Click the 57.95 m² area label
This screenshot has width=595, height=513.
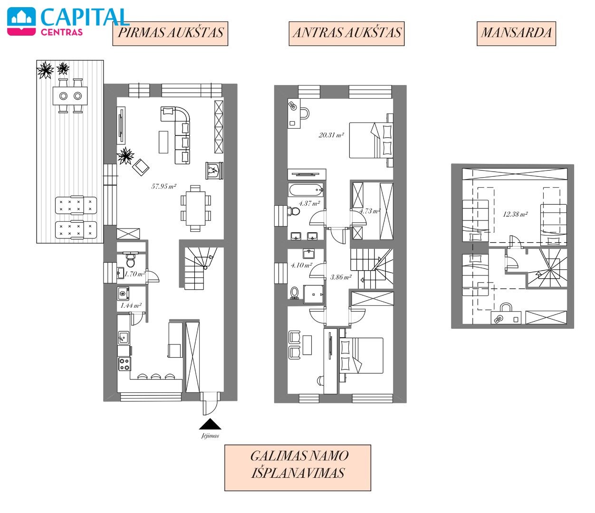click(x=163, y=186)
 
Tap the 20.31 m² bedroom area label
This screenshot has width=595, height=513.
click(x=331, y=135)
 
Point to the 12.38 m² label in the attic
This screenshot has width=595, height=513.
click(x=515, y=214)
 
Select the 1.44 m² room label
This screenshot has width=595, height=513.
click(x=131, y=305)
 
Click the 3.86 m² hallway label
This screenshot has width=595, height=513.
click(x=341, y=277)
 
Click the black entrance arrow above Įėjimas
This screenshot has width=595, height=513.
click(x=210, y=424)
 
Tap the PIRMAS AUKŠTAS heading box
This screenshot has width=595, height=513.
click(x=171, y=33)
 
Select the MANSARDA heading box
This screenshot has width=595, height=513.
click(x=516, y=33)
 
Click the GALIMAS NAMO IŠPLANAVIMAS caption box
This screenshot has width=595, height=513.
click(x=297, y=467)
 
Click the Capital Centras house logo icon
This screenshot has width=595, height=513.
click(x=21, y=21)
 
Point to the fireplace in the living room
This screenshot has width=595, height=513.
click(x=214, y=171)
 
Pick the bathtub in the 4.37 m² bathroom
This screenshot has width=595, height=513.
click(x=306, y=190)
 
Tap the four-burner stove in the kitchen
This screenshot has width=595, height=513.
click(x=125, y=364)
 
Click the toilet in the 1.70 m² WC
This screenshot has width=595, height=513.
click(x=131, y=260)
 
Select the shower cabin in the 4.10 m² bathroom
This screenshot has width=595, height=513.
click(x=313, y=294)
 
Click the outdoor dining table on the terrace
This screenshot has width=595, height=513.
click(x=70, y=95)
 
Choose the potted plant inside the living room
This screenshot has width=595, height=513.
click(x=125, y=156)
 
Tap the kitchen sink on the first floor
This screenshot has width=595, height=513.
click(x=124, y=337)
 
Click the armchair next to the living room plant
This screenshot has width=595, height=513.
click(x=141, y=167)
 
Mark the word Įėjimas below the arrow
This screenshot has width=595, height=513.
click(x=210, y=436)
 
